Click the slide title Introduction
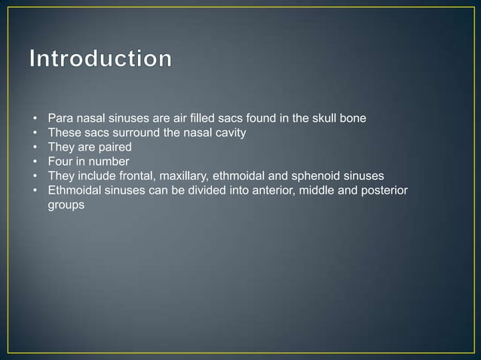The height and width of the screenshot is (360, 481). pos(101,59)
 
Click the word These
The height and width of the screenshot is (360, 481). pos(63,133)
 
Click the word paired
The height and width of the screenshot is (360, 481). pos(113,148)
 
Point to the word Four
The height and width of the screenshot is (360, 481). pos(60,162)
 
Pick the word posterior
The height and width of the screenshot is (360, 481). pos(383,191)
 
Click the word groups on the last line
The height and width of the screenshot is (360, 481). pos(65,205)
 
